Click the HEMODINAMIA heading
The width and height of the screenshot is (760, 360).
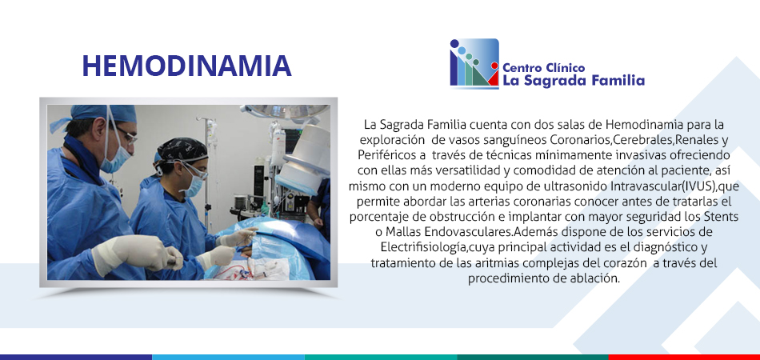186,66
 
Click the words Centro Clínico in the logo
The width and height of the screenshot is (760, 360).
544,68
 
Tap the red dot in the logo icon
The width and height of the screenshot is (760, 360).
494,66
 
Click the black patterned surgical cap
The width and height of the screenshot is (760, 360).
182,150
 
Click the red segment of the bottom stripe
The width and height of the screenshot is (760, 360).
684,357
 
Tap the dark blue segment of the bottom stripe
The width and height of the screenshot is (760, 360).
76,357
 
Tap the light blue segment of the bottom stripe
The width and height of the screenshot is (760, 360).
228,357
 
